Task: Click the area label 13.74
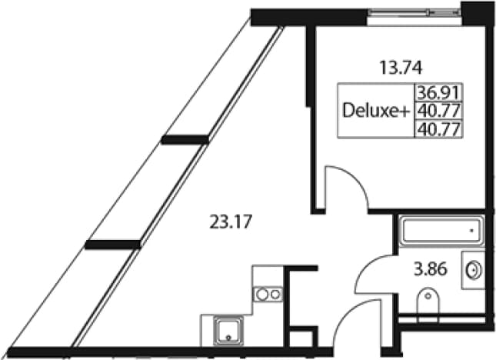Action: [401, 68]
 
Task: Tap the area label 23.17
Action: [231, 222]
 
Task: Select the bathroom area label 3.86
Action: [431, 270]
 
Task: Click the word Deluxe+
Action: [376, 111]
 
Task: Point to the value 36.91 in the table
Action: [438, 92]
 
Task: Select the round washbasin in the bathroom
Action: [474, 271]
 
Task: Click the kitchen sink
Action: [228, 331]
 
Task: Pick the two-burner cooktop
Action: [268, 295]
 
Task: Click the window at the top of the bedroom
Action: [414, 13]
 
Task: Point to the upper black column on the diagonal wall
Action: [185, 139]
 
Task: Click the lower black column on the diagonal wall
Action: [113, 245]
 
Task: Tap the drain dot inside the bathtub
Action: [471, 231]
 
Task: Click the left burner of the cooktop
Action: [262, 295]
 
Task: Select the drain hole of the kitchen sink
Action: [228, 338]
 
